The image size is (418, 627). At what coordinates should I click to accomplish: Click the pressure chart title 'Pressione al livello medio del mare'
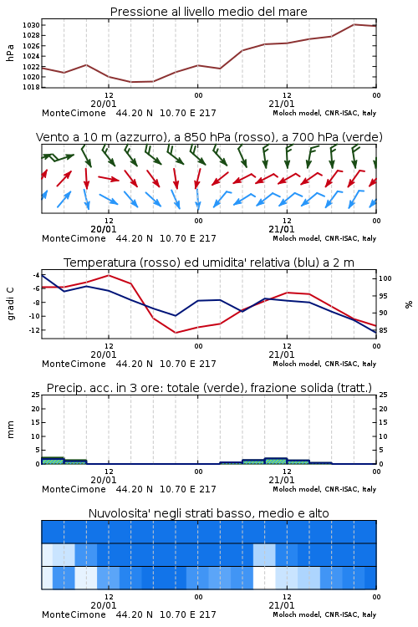(x=208, y=12)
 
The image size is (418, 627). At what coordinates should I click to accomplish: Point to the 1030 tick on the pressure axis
(x=31, y=25)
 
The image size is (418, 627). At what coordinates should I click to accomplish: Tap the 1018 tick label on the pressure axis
(x=31, y=87)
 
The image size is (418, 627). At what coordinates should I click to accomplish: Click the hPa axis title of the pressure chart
(x=10, y=53)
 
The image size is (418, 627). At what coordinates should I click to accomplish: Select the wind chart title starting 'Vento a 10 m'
(x=209, y=137)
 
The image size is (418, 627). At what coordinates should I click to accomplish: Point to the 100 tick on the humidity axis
(x=385, y=278)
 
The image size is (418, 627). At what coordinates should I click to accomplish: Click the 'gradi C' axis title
(x=10, y=304)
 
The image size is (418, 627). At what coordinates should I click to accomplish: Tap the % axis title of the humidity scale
(x=409, y=304)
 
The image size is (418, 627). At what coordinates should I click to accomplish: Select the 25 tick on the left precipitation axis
(x=36, y=395)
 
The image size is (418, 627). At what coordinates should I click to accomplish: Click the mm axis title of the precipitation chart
(x=10, y=430)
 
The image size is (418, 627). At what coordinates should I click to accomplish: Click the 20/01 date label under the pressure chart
(x=104, y=104)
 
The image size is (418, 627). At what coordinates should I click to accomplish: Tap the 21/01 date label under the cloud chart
(x=282, y=605)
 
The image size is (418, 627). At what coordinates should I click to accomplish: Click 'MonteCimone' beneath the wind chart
(x=74, y=238)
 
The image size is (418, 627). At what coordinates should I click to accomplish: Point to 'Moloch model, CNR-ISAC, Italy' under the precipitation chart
(x=324, y=489)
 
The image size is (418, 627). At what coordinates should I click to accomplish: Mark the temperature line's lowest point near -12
(x=176, y=332)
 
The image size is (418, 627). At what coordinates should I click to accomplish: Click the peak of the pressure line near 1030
(x=354, y=24)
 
